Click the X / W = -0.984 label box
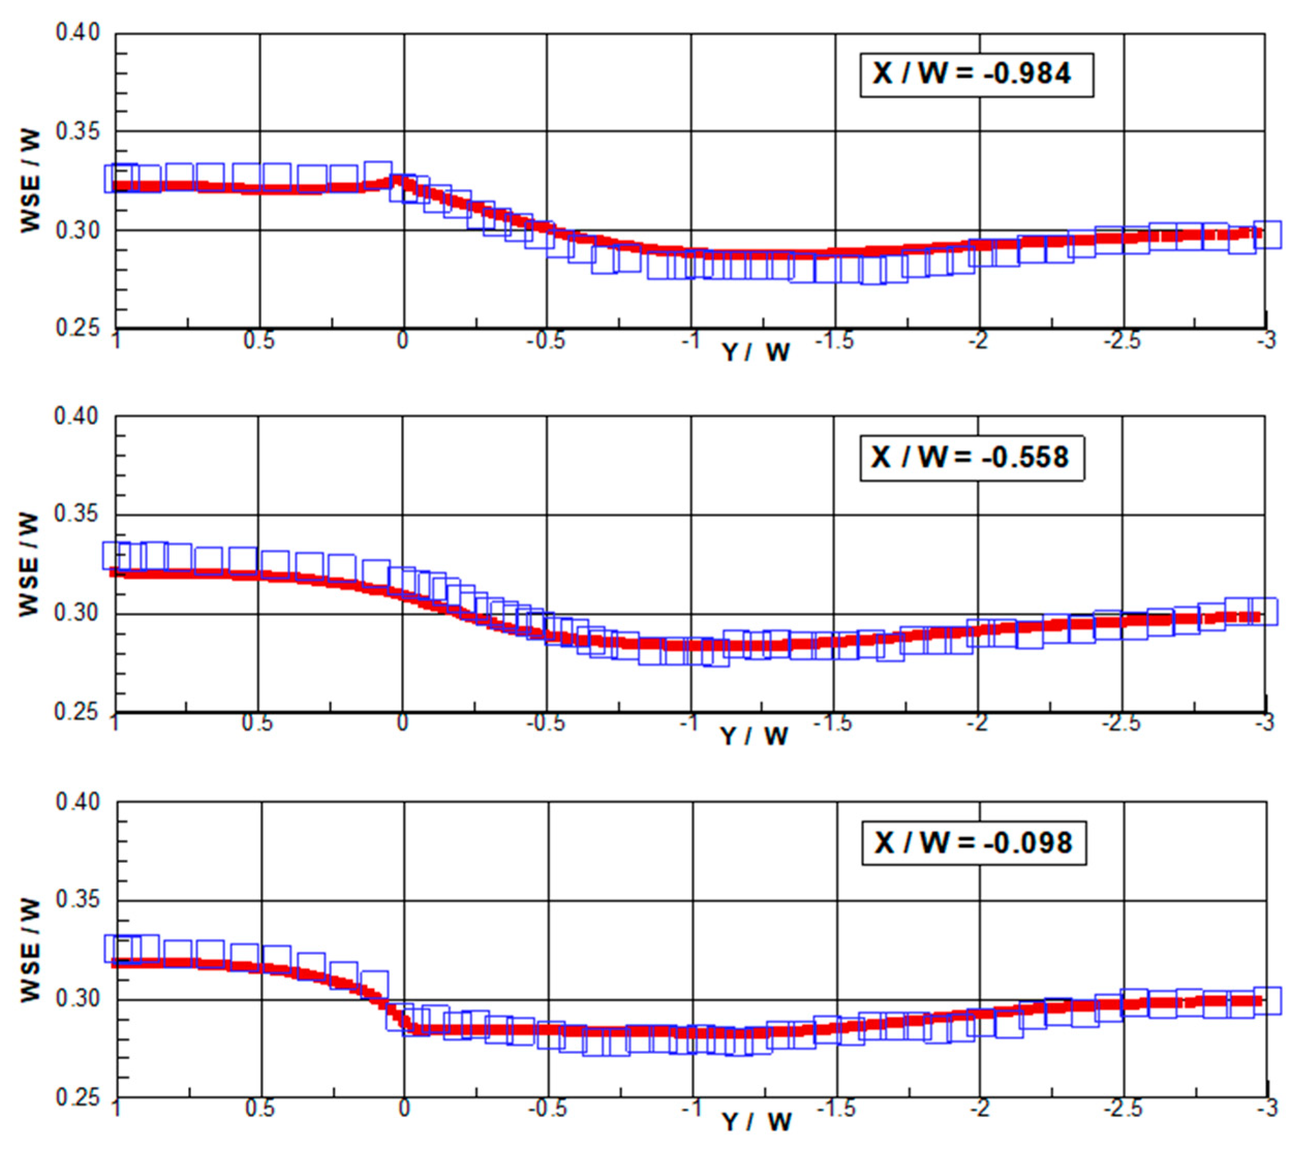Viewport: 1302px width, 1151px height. pyautogui.click(x=976, y=75)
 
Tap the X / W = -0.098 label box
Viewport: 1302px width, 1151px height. pyautogui.click(x=974, y=844)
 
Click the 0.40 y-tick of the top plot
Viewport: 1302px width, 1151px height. pyautogui.click(x=78, y=33)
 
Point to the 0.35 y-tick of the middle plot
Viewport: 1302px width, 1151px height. pyautogui.click(x=76, y=514)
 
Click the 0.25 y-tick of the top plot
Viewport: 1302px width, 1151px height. pyautogui.click(x=78, y=328)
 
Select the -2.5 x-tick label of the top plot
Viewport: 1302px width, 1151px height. pyautogui.click(x=1122, y=342)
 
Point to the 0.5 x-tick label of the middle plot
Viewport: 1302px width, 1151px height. pyautogui.click(x=257, y=724)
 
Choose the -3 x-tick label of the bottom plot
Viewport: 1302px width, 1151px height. pyautogui.click(x=1267, y=1109)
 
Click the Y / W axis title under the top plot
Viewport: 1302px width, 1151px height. pyautogui.click(x=756, y=352)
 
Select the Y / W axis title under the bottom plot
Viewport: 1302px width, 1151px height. pyautogui.click(x=757, y=1121)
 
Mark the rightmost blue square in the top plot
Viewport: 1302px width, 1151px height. pyautogui.click(x=1267, y=234)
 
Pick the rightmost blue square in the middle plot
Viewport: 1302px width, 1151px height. pyautogui.click(x=1264, y=611)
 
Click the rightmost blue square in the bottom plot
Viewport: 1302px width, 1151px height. pyautogui.click(x=1267, y=1000)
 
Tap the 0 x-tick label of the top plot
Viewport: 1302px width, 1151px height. pyautogui.click(x=402, y=342)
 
